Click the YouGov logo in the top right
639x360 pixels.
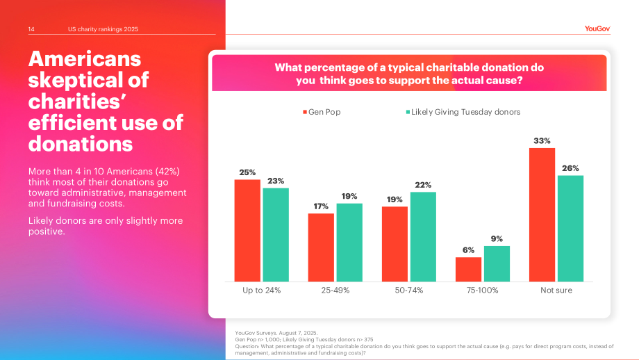[597, 28]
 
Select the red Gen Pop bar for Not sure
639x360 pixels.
[542, 215]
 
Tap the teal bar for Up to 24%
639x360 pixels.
[276, 235]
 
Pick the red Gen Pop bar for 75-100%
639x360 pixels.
[468, 270]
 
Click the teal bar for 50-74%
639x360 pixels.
[423, 237]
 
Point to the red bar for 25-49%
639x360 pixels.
[321, 247]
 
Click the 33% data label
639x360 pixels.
[542, 141]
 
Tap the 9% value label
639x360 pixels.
[497, 239]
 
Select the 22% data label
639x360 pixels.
[423, 185]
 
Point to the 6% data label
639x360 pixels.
[468, 250]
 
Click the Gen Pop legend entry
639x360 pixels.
[322, 112]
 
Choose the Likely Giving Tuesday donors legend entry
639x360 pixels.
[463, 112]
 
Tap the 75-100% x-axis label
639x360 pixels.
[483, 291]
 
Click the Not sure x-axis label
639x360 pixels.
[556, 291]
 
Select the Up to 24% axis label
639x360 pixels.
[262, 291]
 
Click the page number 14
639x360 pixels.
[31, 29]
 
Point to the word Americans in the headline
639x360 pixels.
[85, 59]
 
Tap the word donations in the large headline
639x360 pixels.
[81, 144]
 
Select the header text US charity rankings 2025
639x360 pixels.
[103, 29]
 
